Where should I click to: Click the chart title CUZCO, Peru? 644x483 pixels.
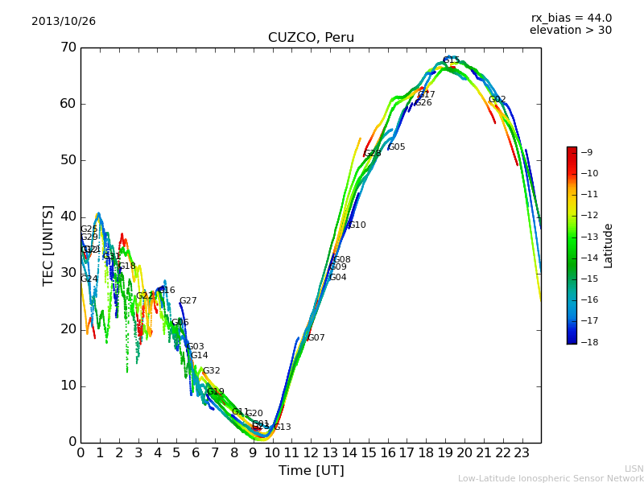(311, 38)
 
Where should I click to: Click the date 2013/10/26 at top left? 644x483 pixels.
(64, 22)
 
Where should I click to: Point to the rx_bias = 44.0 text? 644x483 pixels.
(572, 18)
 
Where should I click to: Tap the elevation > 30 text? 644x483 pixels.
(571, 31)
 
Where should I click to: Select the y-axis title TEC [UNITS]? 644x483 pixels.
(48, 245)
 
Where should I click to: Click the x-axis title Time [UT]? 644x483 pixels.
(311, 471)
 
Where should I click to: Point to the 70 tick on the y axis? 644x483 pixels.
(68, 47)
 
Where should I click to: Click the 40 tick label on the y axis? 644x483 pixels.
(68, 217)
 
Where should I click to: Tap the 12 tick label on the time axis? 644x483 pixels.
(311, 453)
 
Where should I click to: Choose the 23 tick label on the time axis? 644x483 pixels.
(522, 453)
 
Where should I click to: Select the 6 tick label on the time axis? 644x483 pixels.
(196, 453)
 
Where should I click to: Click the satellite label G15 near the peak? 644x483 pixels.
(451, 61)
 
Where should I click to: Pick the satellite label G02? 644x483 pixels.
(497, 100)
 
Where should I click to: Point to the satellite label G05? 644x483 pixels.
(397, 147)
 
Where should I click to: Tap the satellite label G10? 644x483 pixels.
(357, 225)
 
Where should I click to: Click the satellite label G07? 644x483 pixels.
(316, 338)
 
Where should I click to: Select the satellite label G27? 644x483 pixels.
(188, 301)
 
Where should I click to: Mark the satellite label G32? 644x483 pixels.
(211, 371)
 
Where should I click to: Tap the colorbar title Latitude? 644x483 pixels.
(609, 246)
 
